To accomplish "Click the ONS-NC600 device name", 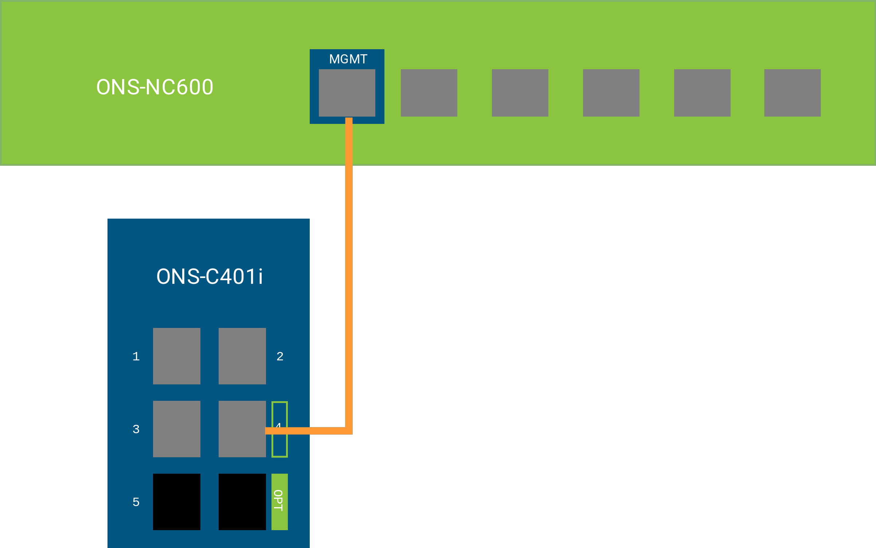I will [155, 87].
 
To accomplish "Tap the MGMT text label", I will [348, 59].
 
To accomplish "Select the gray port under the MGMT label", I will [347, 93].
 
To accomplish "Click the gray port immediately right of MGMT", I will [429, 93].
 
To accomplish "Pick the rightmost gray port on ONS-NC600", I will [792, 93].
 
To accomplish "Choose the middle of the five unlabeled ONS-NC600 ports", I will [611, 93].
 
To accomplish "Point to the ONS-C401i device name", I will [210, 277].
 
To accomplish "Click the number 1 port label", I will [136, 356].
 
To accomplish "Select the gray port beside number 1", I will [177, 356].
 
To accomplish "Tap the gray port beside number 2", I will [242, 356].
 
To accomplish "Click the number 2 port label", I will [280, 356].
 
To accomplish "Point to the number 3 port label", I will [136, 429].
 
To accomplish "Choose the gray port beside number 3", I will [177, 429].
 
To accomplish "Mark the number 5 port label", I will [136, 502].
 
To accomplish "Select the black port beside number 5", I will [177, 502].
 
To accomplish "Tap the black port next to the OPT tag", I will [242, 502].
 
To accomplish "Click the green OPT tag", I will [279, 502].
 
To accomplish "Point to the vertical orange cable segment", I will [349, 273].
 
